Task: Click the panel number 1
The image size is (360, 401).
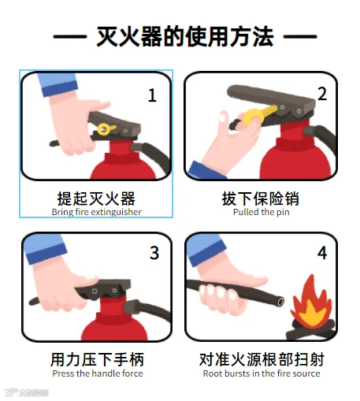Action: (152, 95)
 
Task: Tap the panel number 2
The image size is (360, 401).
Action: (322, 94)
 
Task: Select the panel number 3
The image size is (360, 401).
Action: (154, 253)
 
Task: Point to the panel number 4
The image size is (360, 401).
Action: (322, 253)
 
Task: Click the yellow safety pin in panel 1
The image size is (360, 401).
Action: (106, 129)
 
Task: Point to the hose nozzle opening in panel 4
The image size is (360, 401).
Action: (280, 301)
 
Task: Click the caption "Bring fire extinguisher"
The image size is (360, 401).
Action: (97, 212)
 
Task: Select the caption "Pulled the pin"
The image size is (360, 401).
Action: (262, 212)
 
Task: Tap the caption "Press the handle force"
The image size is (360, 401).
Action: (98, 373)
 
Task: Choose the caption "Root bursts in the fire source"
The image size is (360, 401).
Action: (262, 373)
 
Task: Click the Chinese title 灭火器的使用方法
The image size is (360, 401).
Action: (185, 37)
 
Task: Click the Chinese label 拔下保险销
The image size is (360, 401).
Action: (261, 199)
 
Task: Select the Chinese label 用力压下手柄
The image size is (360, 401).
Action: (98, 359)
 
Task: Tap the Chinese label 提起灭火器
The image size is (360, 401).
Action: (96, 199)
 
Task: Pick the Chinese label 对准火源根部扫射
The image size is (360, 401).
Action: (262, 359)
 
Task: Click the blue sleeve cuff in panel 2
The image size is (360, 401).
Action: (206, 170)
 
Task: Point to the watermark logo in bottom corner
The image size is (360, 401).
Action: (26, 392)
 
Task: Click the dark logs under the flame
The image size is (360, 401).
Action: (311, 330)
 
